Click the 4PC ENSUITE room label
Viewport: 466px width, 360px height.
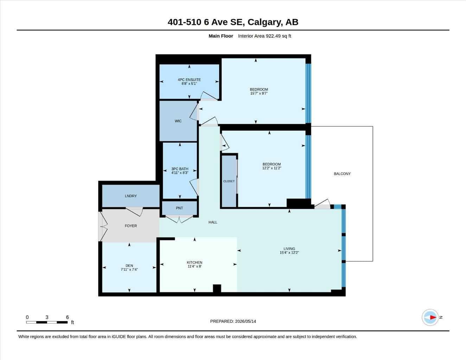[x=189, y=80]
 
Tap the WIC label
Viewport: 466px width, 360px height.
[x=178, y=121]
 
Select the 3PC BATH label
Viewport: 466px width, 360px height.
[x=180, y=169]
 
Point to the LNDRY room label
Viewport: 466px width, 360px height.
[x=130, y=196]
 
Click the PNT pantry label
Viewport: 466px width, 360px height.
[x=179, y=208]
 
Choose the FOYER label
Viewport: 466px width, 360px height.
[x=130, y=226]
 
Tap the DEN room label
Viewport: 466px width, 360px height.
[x=129, y=265]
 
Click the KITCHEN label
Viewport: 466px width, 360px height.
[x=194, y=262]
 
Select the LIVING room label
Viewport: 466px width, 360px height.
[x=289, y=249]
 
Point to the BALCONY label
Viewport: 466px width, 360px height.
[x=342, y=174]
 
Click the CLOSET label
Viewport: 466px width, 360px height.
[x=229, y=181]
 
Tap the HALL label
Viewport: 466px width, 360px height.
[x=213, y=222]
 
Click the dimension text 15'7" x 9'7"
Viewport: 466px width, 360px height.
[x=259, y=93]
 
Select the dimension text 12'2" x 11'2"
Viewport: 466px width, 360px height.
[x=272, y=168]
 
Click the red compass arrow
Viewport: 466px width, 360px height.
[x=433, y=317]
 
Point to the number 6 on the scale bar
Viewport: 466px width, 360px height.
[x=67, y=317]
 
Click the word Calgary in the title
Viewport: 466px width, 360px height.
[x=265, y=22]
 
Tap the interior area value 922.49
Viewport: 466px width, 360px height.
[x=273, y=36]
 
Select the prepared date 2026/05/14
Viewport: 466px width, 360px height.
[x=245, y=321]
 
